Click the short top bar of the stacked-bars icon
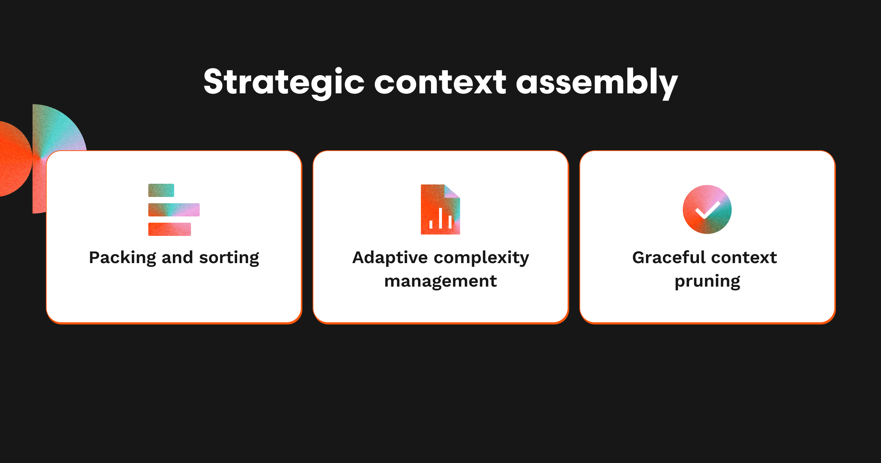coord(161,190)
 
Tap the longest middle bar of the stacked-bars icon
coord(174,210)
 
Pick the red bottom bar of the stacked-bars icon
coord(170,229)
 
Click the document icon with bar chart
coord(440,209)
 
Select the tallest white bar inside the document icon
coord(440,218)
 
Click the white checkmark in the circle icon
coord(707,210)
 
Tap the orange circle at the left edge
coord(15,159)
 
